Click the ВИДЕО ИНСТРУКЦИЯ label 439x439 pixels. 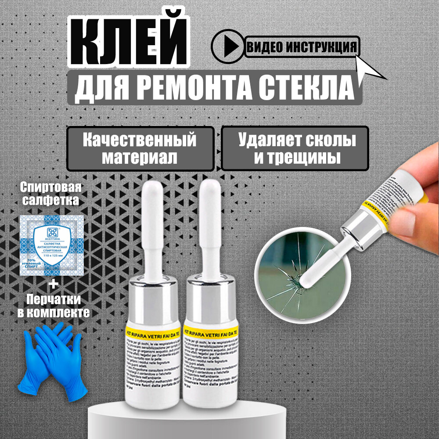302,47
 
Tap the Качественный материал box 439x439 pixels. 140,149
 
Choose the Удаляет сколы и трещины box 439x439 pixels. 295,149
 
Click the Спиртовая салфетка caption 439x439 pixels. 51,194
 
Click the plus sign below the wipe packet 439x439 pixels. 53,285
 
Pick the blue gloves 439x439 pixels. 51,358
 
